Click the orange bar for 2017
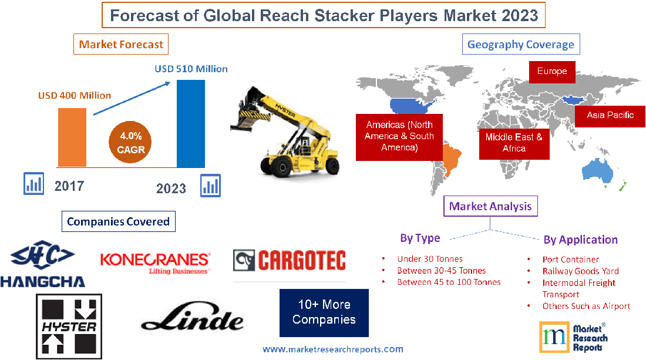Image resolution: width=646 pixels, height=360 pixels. [x=72, y=137]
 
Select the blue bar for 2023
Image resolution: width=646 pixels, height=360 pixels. [x=191, y=123]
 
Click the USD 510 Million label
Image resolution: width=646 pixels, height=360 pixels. [x=191, y=69]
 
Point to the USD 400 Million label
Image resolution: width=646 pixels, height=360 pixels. [x=75, y=95]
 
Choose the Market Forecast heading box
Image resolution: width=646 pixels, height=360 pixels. [x=121, y=44]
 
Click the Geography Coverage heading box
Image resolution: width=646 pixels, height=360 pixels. [x=521, y=44]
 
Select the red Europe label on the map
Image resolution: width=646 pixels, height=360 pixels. [x=551, y=72]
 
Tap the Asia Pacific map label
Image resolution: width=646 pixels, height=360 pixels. [x=610, y=115]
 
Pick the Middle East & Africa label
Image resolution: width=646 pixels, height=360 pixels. [x=514, y=143]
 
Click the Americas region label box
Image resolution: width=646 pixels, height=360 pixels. [x=399, y=136]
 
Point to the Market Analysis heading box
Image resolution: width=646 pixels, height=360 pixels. [x=490, y=206]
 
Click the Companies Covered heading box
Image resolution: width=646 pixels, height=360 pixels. [x=118, y=221]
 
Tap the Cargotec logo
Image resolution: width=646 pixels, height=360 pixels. [x=289, y=260]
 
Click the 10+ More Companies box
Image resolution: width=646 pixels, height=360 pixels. [x=324, y=312]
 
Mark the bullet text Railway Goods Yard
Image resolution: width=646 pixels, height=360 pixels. [x=580, y=271]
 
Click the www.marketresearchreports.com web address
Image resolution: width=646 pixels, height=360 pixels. [x=332, y=349]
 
